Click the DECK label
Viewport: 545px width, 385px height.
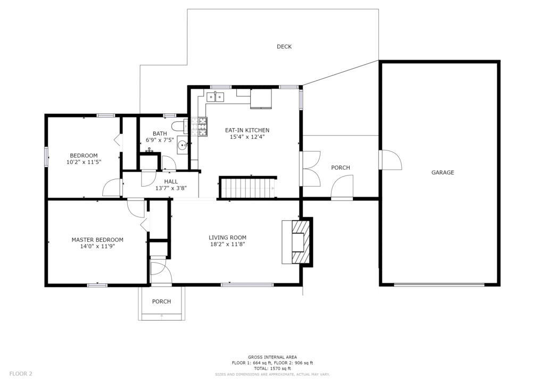click(284, 46)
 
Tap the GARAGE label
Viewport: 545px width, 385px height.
click(442, 172)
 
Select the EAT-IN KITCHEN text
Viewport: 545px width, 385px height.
click(247, 130)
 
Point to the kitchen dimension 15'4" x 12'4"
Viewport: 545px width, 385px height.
click(247, 137)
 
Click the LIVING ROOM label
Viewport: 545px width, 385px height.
click(227, 238)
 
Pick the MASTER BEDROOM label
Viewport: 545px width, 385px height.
click(97, 239)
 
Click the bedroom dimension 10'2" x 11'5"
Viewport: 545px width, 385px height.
click(84, 162)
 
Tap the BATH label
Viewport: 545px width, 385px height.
click(160, 133)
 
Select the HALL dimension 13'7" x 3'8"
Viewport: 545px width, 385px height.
click(171, 188)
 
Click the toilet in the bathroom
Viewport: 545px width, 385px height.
click(180, 127)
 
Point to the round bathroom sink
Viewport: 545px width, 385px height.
click(182, 145)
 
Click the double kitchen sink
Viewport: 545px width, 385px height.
click(216, 97)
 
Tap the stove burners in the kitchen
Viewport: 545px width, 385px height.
click(199, 127)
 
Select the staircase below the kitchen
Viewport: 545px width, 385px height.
click(248, 188)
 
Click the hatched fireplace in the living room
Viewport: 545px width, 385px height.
click(300, 242)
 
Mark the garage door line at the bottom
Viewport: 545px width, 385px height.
click(439, 284)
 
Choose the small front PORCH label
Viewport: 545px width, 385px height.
click(162, 302)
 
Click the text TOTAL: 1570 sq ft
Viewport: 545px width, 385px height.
click(272, 369)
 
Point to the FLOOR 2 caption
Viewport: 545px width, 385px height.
click(21, 373)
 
